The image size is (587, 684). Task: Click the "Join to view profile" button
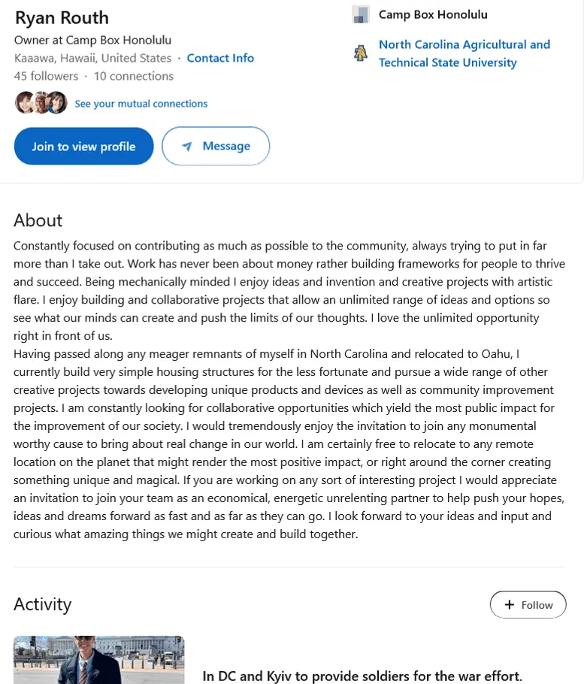(x=83, y=147)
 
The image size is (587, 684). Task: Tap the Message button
(x=216, y=147)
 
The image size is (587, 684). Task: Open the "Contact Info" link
(x=220, y=58)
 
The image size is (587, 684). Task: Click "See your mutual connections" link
(x=141, y=104)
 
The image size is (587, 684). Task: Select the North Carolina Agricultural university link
(x=464, y=53)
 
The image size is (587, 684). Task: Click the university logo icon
(x=361, y=53)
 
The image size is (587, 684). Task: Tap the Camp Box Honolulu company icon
(x=361, y=14)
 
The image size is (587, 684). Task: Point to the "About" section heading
(x=38, y=220)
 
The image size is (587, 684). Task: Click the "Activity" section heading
(x=42, y=604)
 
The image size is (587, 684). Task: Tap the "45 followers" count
(x=46, y=76)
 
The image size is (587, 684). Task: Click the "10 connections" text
(x=133, y=76)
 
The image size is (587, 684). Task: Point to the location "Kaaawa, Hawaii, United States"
(x=92, y=58)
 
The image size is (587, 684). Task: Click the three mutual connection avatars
(x=41, y=103)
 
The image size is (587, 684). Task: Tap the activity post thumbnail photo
(x=98, y=660)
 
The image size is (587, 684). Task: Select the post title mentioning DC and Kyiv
(x=362, y=676)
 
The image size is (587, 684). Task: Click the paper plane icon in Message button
(x=187, y=147)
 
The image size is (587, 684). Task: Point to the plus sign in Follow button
(x=509, y=605)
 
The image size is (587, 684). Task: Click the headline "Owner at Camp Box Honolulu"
(x=92, y=40)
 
